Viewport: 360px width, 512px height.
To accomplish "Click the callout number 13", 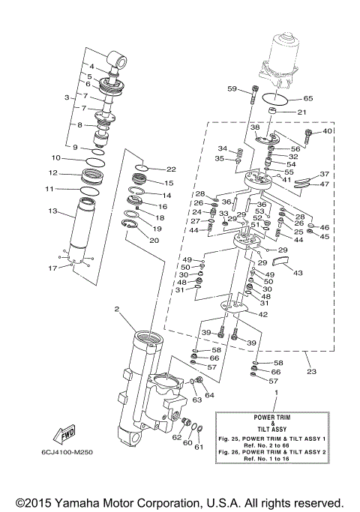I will pyautogui.click(x=52, y=212).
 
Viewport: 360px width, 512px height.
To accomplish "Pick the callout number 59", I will pyautogui.click(x=232, y=90).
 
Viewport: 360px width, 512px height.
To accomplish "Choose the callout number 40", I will pyautogui.click(x=328, y=132).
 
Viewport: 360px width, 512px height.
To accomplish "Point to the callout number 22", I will pyautogui.click(x=171, y=169).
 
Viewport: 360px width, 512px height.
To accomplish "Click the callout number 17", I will pyautogui.click(x=52, y=268).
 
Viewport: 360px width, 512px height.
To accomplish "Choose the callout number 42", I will pyautogui.click(x=262, y=315).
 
